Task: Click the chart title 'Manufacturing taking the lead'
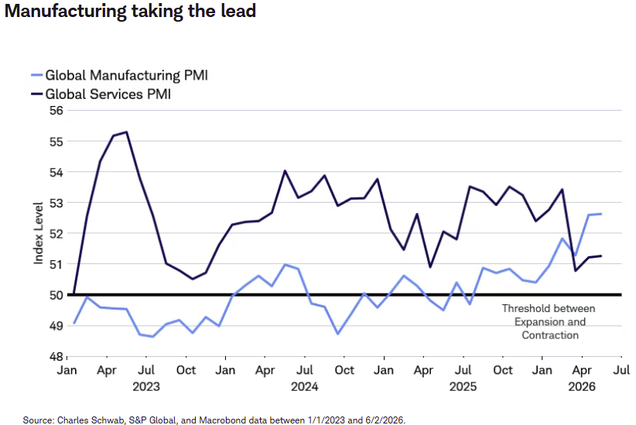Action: click(130, 11)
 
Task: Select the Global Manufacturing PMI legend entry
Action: click(120, 75)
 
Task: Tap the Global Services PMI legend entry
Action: click(101, 94)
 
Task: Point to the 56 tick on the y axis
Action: click(56, 111)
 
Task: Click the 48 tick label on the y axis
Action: click(56, 357)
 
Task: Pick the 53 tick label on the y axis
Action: click(56, 203)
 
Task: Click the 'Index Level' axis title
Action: click(38, 234)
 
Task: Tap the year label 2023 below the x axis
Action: click(146, 386)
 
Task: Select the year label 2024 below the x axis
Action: click(304, 386)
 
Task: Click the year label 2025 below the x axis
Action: click(463, 386)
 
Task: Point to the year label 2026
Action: click(582, 386)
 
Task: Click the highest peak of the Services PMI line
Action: click(127, 132)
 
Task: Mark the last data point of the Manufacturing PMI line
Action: click(601, 214)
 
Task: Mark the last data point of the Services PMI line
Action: click(601, 255)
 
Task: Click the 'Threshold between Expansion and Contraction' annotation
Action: click(549, 321)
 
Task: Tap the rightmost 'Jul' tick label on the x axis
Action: click(621, 370)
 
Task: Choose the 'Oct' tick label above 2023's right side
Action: click(186, 370)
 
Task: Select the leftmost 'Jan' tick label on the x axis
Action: click(67, 370)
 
